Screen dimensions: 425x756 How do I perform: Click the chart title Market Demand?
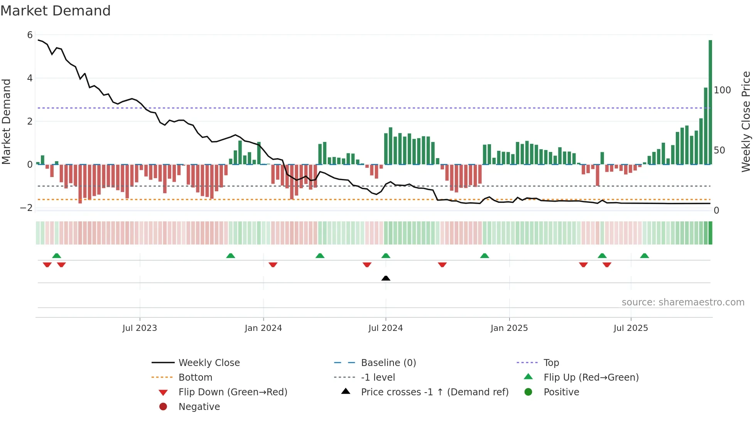pos(56,11)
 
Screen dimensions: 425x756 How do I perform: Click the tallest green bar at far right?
pos(710,102)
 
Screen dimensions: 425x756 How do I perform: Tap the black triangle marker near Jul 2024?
pos(386,278)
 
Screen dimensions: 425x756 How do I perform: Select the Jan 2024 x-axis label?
pos(263,328)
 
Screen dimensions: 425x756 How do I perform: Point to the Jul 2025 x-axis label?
pos(631,328)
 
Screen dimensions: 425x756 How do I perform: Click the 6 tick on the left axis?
pos(30,35)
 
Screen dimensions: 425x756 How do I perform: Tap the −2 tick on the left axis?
pos(26,208)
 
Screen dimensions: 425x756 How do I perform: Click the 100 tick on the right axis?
pos(722,90)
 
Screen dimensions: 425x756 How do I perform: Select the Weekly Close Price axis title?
pos(746,121)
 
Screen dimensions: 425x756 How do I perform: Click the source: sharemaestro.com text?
pos(683,302)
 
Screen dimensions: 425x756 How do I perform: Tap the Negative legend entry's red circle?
pos(163,407)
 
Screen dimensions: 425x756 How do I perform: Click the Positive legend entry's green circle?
pos(528,392)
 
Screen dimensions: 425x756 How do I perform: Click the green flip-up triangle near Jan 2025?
pos(484,256)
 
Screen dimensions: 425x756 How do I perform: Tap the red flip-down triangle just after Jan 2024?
pos(273,265)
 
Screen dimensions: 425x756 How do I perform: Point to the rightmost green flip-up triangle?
pos(645,256)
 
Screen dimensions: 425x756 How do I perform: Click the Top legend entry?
pos(551,363)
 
